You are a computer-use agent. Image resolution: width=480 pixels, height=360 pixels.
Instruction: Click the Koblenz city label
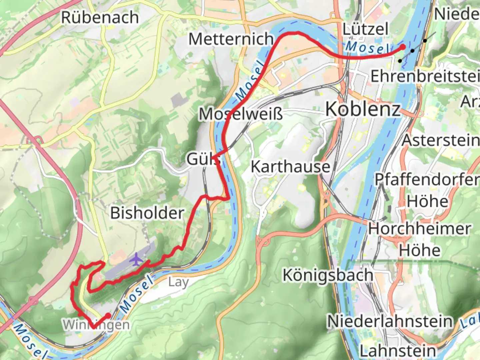(x=363, y=109)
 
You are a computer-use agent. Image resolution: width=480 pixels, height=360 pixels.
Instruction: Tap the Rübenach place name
(x=100, y=17)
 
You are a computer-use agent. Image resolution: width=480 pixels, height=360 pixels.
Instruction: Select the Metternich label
(x=231, y=39)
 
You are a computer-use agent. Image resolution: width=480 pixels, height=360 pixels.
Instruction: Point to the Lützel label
(x=365, y=29)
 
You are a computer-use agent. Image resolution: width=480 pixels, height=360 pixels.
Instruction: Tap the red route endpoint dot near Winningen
(x=108, y=315)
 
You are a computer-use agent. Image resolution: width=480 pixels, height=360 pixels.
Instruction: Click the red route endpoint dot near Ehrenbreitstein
(x=403, y=47)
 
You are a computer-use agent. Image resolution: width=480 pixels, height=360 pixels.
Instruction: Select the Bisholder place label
(x=147, y=213)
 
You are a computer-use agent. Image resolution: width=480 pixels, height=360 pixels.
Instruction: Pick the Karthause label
(x=290, y=167)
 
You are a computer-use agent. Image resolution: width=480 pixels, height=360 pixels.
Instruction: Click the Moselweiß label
(x=241, y=114)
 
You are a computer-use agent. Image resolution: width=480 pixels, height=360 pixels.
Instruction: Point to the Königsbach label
(x=328, y=275)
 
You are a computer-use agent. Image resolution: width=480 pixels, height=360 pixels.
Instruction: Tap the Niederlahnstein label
(x=390, y=321)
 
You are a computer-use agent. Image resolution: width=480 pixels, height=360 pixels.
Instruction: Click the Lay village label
(x=178, y=282)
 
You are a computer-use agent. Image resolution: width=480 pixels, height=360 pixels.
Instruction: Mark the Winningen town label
(x=96, y=324)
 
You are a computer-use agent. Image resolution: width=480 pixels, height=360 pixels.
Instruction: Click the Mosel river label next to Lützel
(x=367, y=48)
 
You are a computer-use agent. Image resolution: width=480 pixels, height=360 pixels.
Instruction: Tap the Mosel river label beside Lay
(x=137, y=293)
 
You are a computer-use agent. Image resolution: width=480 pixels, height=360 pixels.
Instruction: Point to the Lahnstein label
(x=398, y=351)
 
